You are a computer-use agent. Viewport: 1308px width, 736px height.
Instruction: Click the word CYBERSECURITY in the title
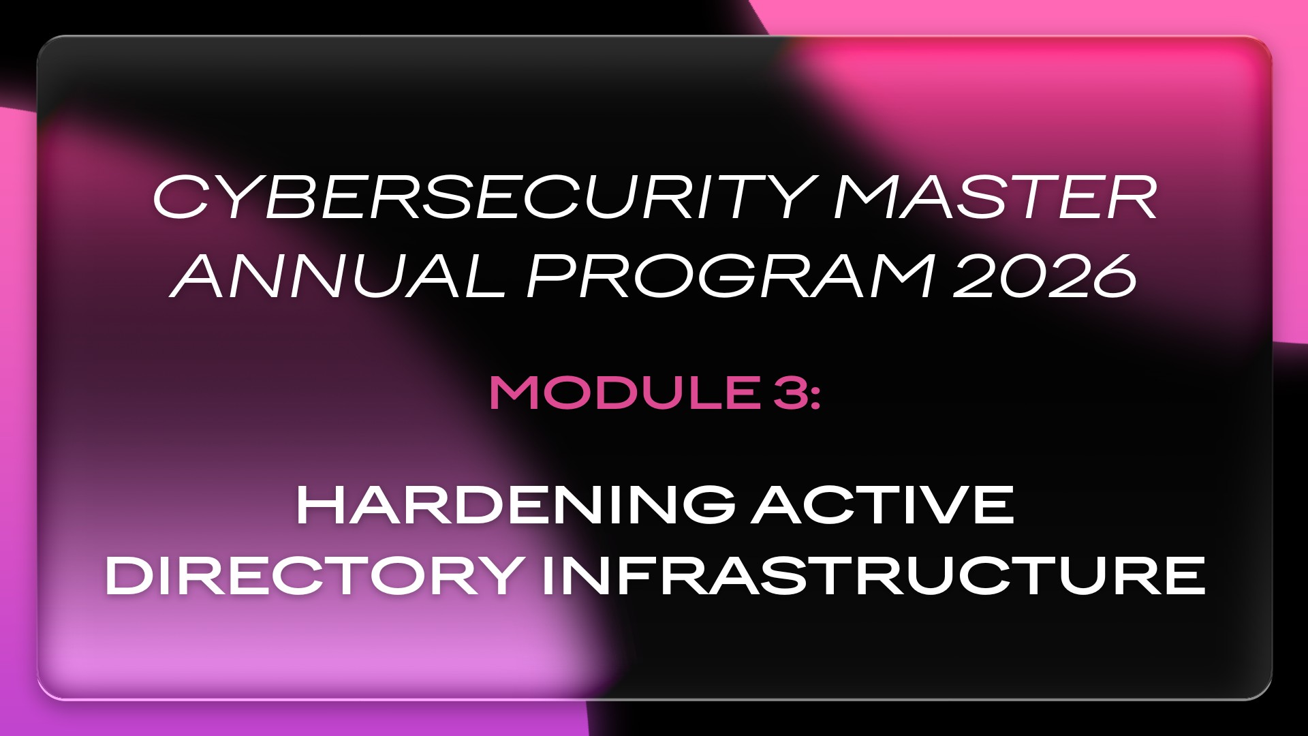(485, 198)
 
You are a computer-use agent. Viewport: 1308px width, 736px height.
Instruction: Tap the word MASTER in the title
(996, 198)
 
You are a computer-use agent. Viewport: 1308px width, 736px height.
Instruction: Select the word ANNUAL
(340, 276)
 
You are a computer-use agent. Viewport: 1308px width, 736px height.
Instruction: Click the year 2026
(1044, 276)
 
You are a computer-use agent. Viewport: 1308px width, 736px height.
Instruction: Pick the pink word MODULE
(623, 393)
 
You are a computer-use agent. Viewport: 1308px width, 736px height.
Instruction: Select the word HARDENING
(516, 505)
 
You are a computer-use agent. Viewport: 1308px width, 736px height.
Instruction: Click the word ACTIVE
(883, 505)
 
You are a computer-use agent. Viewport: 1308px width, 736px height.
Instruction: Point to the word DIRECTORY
(314, 576)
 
